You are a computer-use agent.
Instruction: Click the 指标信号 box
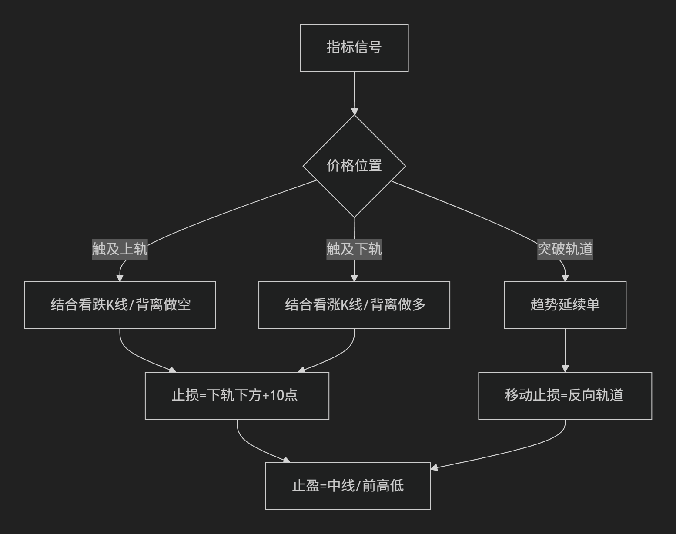point(355,48)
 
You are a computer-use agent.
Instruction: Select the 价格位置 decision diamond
point(355,166)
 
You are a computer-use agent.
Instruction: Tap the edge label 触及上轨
point(120,249)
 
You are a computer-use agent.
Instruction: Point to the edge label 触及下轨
point(355,249)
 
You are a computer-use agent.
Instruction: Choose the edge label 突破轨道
point(565,249)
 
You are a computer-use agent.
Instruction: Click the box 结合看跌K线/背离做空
point(120,305)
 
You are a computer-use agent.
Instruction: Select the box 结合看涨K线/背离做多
point(355,305)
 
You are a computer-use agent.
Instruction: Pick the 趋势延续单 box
point(565,305)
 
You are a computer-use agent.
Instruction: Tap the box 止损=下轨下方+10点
point(237,396)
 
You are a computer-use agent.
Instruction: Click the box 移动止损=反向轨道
point(565,396)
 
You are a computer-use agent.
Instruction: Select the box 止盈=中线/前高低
point(348,486)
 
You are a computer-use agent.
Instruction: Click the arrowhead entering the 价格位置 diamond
point(355,112)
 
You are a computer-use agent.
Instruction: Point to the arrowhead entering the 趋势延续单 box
point(565,278)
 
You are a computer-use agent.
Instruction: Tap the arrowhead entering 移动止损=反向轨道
point(565,369)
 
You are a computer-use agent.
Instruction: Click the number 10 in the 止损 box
point(276,395)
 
